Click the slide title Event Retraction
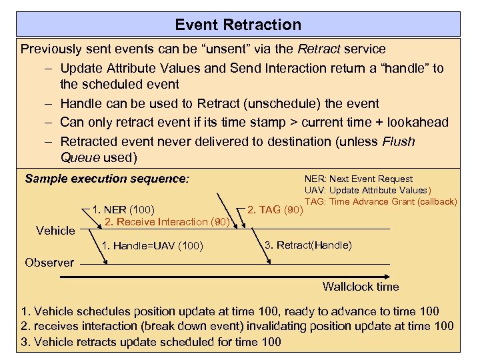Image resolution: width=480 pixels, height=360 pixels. pos(238,25)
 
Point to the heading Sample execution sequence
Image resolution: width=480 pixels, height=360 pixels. pos(107,179)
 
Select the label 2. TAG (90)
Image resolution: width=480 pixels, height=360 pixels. pos(275,210)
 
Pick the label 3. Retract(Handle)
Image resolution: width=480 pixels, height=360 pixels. pos(308,245)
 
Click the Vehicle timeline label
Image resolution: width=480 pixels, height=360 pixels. pos(55,231)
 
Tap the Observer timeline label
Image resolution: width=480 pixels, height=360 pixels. pos(49,263)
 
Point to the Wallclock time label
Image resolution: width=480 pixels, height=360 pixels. pos(361,287)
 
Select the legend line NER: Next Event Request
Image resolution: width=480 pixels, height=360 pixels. pos(359,179)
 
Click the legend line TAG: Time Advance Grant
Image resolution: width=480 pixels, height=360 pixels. pos(380,201)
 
